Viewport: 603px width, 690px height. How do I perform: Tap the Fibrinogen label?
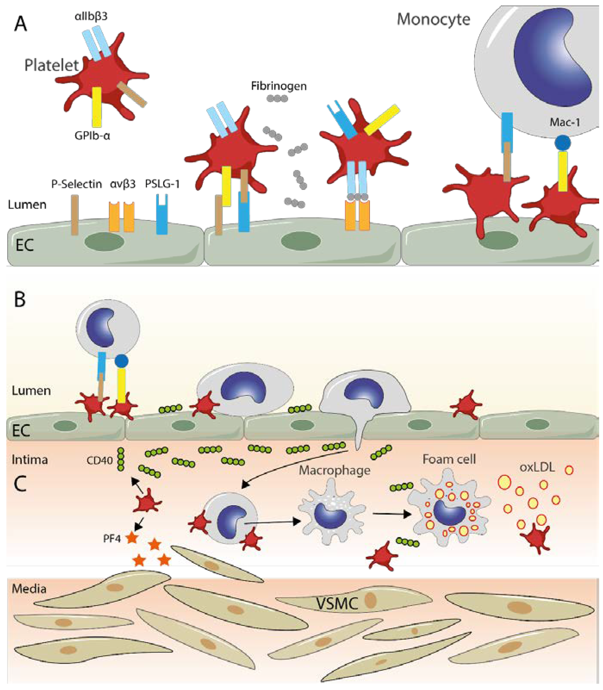279,86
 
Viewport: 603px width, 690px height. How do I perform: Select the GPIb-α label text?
92,136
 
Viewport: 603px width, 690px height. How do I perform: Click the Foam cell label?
449,459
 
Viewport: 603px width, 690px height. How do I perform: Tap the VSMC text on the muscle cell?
337,604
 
